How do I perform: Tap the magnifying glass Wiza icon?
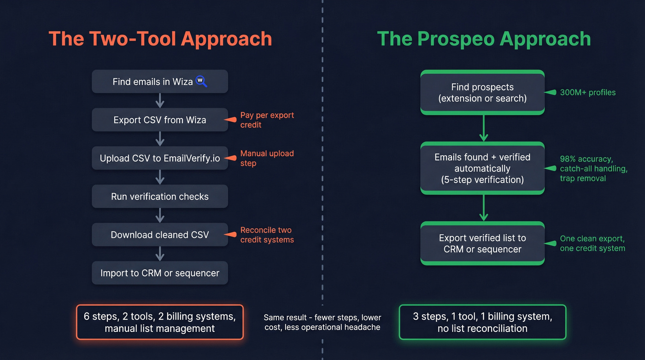(x=201, y=81)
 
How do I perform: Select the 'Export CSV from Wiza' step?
(x=159, y=120)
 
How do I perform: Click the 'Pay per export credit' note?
(x=267, y=120)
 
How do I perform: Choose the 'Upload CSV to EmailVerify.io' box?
(x=159, y=158)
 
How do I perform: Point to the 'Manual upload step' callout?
(x=267, y=158)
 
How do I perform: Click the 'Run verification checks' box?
(x=159, y=196)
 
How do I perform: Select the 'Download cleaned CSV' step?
(x=159, y=235)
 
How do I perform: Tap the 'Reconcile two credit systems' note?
(x=267, y=235)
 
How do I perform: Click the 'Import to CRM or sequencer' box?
(x=159, y=273)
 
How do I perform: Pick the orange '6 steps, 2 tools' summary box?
(x=159, y=322)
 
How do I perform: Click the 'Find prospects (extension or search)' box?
(x=482, y=92)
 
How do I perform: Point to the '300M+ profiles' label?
(x=587, y=92)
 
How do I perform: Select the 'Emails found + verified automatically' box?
(x=482, y=168)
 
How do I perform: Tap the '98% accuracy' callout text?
(x=593, y=168)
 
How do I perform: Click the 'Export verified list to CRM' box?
(x=482, y=243)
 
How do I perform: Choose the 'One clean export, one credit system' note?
(x=592, y=243)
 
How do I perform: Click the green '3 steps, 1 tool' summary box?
(x=482, y=322)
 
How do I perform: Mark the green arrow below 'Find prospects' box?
(x=483, y=129)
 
